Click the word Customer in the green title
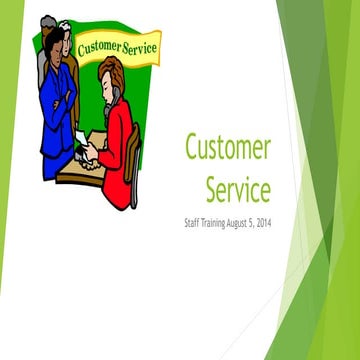[227, 148]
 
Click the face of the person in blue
[58, 44]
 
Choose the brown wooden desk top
[80, 170]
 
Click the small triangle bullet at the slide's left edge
[4, 178]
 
